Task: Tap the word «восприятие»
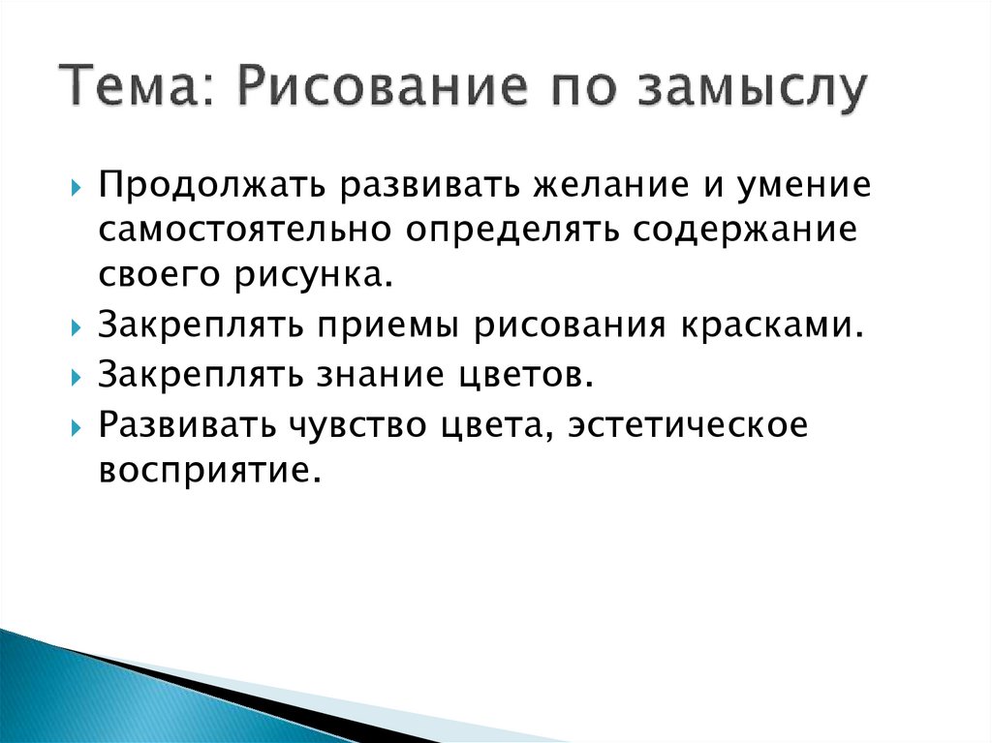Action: [207, 472]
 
